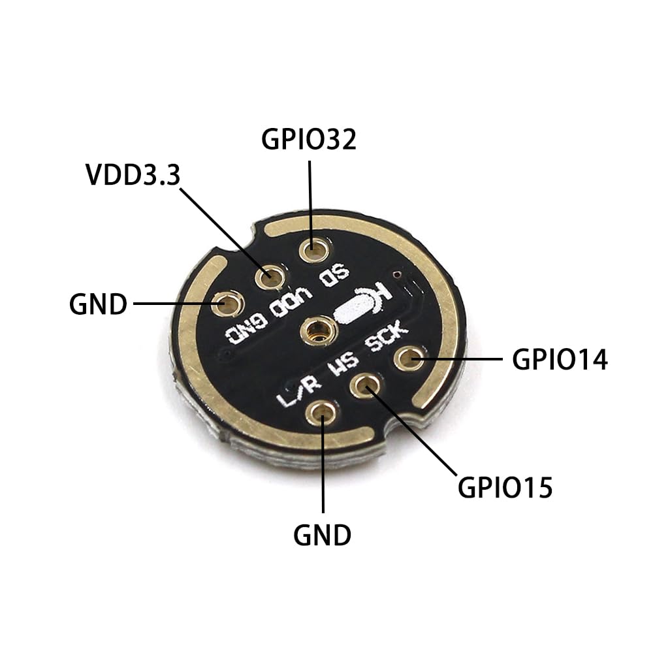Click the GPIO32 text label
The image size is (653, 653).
(x=309, y=140)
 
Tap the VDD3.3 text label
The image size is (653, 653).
(x=132, y=174)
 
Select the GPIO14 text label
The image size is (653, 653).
(x=560, y=359)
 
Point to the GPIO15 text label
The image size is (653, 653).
(x=505, y=487)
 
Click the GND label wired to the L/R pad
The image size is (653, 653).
(x=322, y=535)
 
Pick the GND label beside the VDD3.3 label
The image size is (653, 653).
(x=98, y=304)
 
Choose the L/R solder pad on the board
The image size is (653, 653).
(x=323, y=413)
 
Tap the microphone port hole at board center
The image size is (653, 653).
(x=317, y=331)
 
